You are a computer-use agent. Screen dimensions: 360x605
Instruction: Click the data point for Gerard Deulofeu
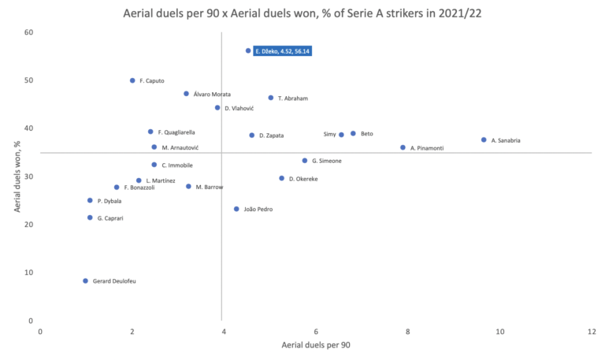[x=85, y=281]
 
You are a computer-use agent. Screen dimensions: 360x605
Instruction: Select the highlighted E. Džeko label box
[x=282, y=50]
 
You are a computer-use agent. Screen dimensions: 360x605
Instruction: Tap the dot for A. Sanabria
[x=484, y=140]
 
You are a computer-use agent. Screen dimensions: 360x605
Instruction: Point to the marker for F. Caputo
[x=132, y=80]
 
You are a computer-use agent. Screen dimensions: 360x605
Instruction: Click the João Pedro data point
[x=236, y=209]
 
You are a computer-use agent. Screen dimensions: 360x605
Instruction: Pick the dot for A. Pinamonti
[x=403, y=147]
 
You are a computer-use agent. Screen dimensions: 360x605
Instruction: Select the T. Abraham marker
[x=271, y=98]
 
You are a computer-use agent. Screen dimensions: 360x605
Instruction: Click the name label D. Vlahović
[x=239, y=108]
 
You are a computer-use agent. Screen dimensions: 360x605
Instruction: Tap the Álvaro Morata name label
[x=212, y=94]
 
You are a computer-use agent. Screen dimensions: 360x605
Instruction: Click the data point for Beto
[x=353, y=134]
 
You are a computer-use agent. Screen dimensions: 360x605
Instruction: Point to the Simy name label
[x=330, y=135]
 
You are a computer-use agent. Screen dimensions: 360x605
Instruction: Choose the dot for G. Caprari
[x=90, y=217]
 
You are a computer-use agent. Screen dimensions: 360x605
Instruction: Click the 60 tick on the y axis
[x=28, y=32]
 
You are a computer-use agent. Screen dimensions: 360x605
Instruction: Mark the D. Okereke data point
[x=281, y=178]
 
